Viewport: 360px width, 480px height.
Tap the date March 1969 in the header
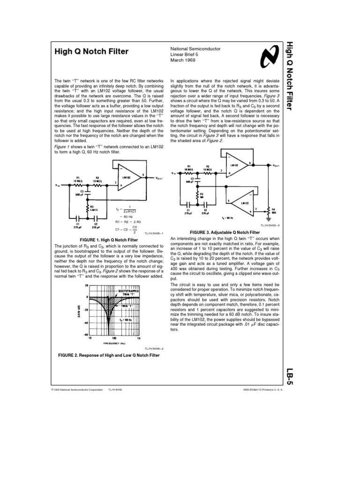[183, 60]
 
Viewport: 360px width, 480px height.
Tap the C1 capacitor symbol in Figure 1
[78, 218]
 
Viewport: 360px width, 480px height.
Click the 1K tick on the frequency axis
[139, 337]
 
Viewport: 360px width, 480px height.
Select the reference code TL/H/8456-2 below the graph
[150, 348]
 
